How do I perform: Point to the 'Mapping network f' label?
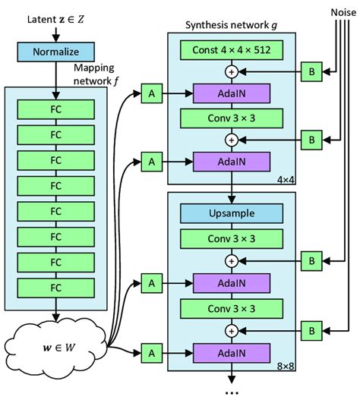[99, 74]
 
